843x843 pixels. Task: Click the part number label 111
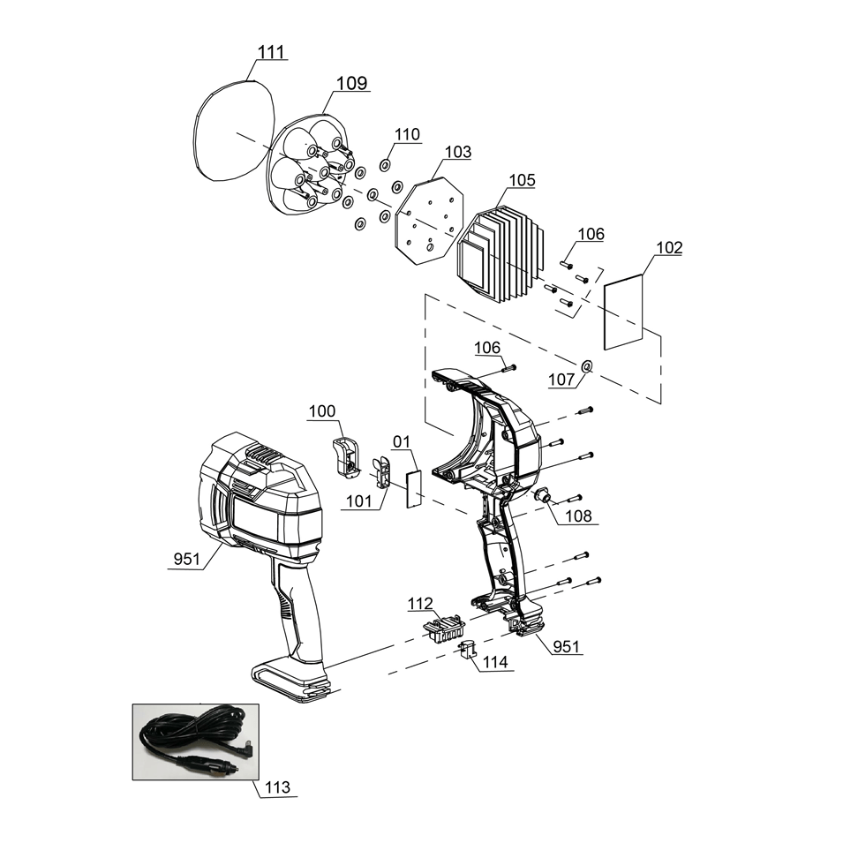(x=271, y=53)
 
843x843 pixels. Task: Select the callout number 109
(x=352, y=84)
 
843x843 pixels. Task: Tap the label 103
(x=457, y=153)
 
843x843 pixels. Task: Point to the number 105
(x=522, y=180)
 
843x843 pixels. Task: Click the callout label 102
(x=668, y=248)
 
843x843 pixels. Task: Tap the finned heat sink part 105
(x=499, y=256)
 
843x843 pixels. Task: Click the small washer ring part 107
(x=587, y=365)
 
